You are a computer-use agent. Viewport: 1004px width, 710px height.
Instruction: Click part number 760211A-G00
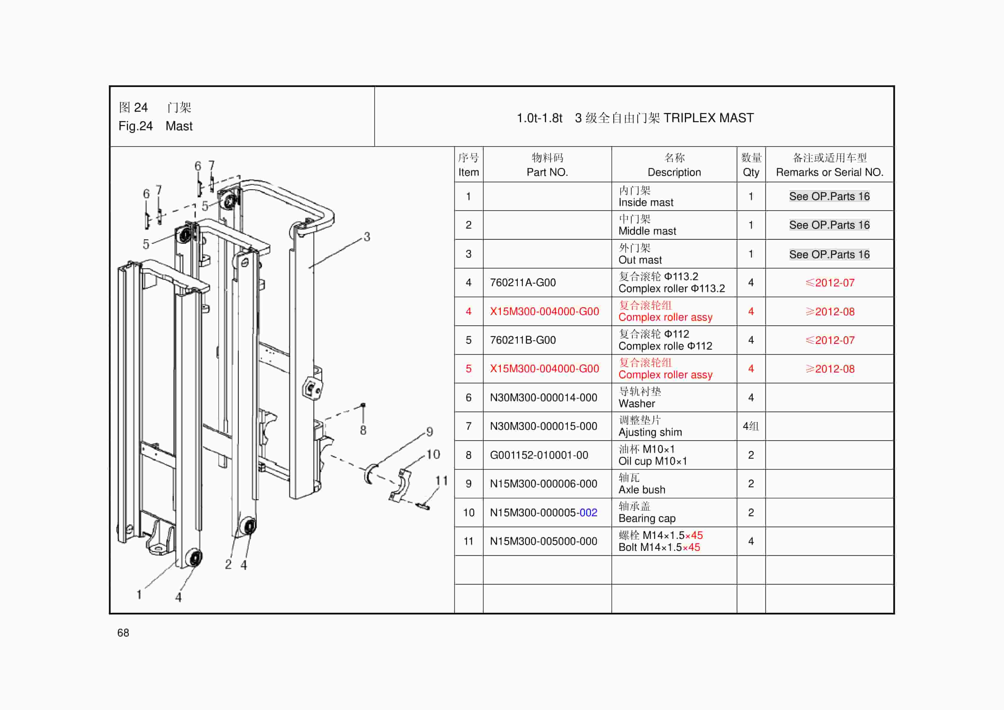[x=523, y=283]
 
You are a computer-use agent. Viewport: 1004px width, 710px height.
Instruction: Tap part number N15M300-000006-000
[x=543, y=483]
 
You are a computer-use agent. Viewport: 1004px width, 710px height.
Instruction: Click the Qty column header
[x=751, y=165]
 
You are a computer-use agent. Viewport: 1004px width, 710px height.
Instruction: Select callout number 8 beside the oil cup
[x=363, y=430]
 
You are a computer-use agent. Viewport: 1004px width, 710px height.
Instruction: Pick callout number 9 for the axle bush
[x=429, y=432]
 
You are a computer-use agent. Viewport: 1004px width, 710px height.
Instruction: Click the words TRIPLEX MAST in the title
[x=708, y=118]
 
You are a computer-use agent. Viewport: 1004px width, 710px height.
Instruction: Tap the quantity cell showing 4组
[x=751, y=426]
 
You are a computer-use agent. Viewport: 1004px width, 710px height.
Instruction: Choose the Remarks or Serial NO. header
[x=829, y=172]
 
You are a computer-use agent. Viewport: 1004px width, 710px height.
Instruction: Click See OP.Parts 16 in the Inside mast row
[x=829, y=196]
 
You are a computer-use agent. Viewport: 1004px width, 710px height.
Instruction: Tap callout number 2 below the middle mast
[x=228, y=565]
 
